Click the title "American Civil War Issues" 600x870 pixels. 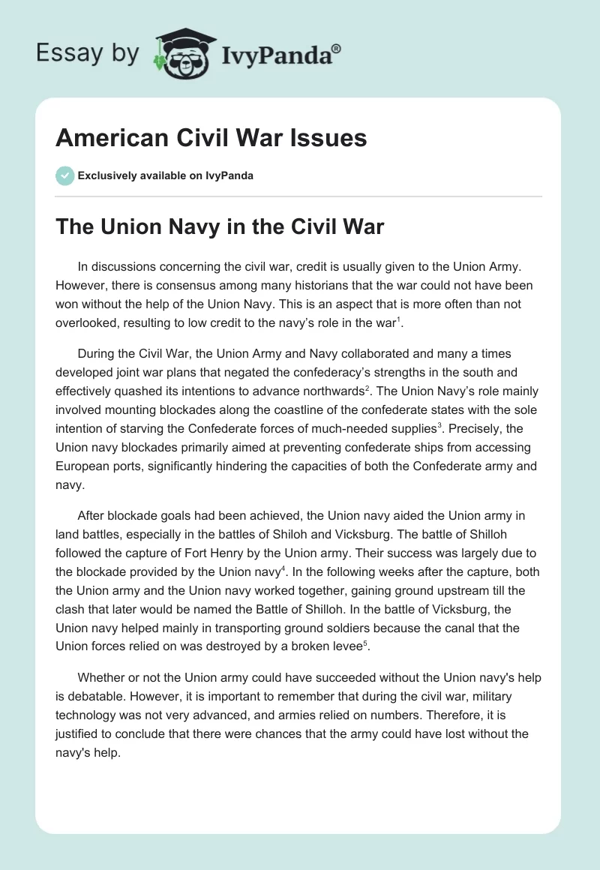[211, 138]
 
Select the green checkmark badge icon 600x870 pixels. [64, 175]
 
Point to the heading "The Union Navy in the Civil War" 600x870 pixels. [220, 226]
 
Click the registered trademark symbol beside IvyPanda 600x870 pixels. [336, 48]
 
